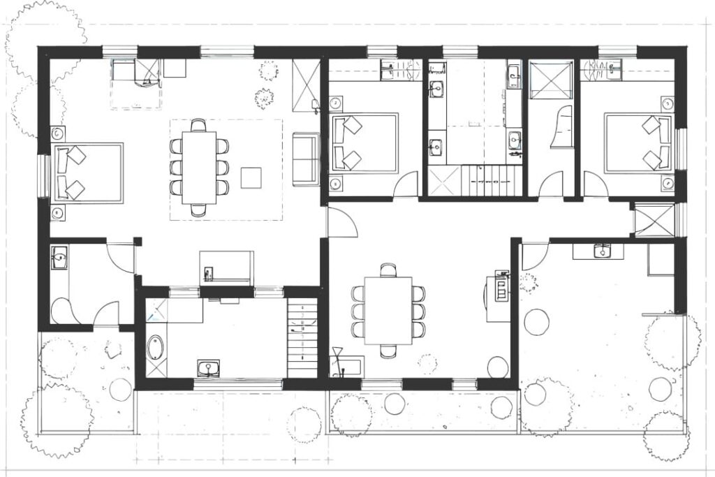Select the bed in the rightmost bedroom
[x=637, y=143]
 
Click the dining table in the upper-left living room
[x=199, y=168]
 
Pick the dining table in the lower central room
[x=388, y=310]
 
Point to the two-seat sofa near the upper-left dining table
[x=305, y=159]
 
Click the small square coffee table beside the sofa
[x=251, y=177]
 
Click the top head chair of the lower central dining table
[x=388, y=269]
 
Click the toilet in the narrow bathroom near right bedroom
[x=561, y=129]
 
